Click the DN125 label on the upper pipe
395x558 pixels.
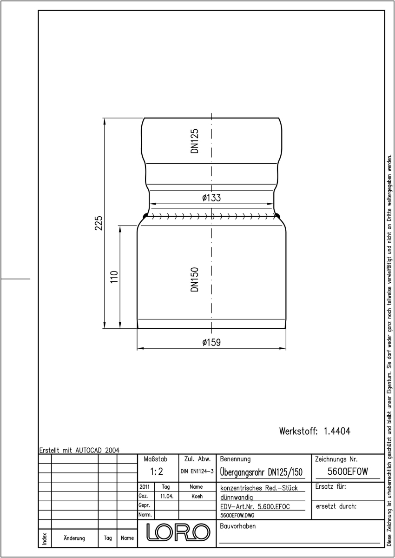pos(195,141)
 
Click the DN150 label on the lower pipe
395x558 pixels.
pos(195,279)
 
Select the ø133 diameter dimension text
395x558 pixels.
pos(211,198)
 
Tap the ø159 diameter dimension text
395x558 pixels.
pos(211,342)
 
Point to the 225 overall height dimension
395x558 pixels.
pos(99,223)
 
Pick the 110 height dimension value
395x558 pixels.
pos(114,277)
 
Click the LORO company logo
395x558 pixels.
pos(178,532)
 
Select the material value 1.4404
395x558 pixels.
pos(337,431)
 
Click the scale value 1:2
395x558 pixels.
pos(157,472)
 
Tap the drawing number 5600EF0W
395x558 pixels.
pos(348,472)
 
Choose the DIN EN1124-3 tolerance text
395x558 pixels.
pos(197,472)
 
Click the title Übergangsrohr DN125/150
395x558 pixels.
pos(261,472)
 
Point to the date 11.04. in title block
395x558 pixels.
pos(167,496)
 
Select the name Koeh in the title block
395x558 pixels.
pos(197,496)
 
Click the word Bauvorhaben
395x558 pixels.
pos(237,526)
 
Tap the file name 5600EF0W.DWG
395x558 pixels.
pos(237,515)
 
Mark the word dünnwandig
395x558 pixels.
pos(237,498)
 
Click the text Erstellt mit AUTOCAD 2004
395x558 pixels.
pos(79,450)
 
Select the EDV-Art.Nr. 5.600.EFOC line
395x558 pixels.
pos(255,507)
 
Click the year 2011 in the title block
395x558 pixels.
pos(145,487)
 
